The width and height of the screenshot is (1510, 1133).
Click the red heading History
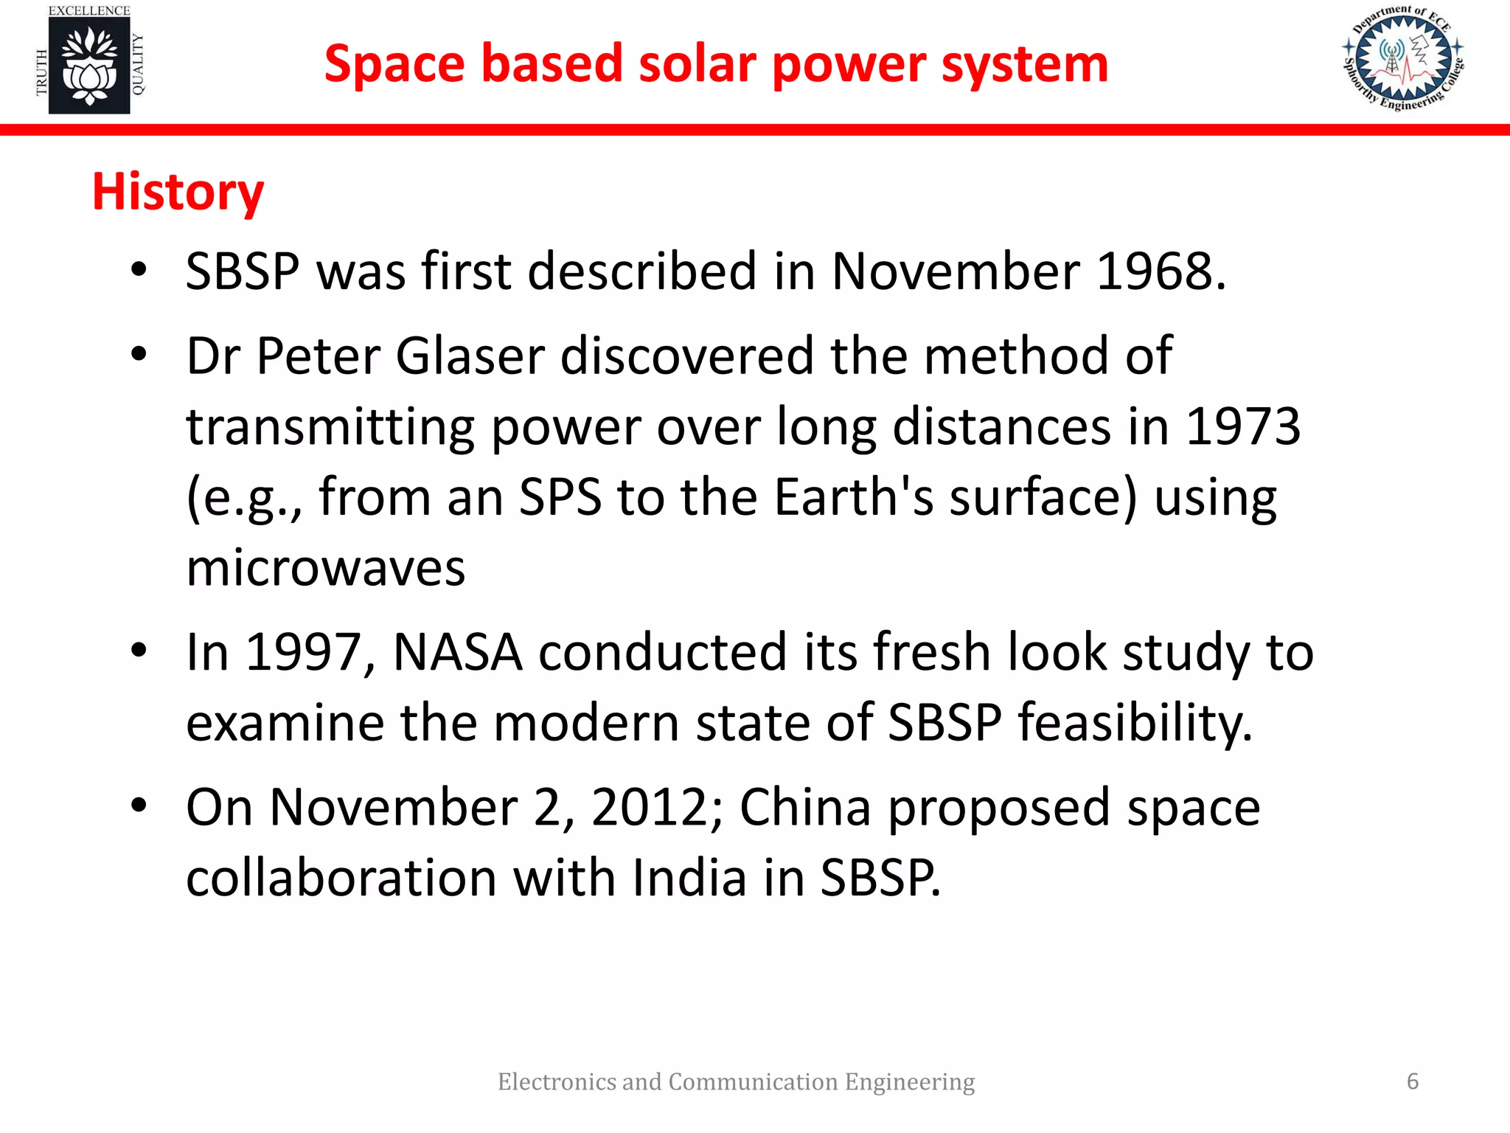178,192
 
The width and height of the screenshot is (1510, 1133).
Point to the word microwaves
325,569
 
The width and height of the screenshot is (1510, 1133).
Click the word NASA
458,653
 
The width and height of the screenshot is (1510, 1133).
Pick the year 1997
303,653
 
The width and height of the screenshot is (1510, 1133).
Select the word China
805,808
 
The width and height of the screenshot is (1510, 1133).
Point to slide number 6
1412,1081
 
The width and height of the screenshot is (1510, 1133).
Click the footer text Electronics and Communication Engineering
736,1081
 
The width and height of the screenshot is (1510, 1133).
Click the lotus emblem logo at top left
89,66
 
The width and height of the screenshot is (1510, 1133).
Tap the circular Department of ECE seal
1403,58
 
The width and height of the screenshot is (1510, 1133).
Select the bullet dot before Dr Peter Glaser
139,355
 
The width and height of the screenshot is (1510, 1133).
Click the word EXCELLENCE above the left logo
89,10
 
